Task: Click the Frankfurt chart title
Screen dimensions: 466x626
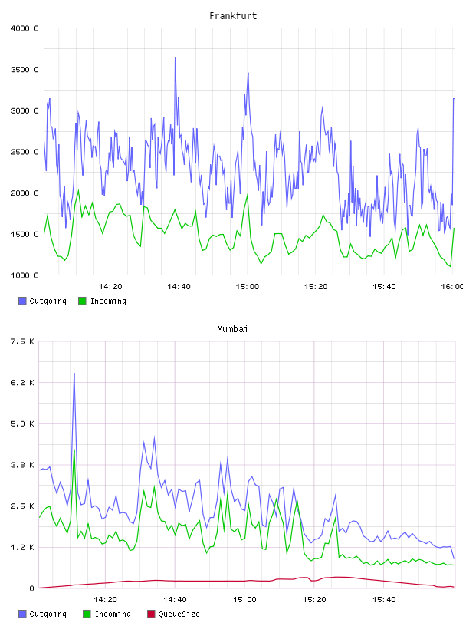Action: pos(233,16)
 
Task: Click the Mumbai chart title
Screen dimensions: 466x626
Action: pos(232,329)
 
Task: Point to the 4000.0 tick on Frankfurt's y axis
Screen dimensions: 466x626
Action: pos(25,28)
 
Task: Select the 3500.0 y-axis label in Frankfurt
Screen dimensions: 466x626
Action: pos(25,70)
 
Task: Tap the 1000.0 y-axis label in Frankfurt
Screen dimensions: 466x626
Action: pos(25,275)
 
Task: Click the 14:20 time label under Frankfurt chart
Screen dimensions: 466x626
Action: pos(110,287)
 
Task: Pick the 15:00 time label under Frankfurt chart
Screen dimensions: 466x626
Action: pos(248,287)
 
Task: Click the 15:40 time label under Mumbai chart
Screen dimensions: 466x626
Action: pos(384,600)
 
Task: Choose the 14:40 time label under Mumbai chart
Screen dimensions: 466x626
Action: pos(175,600)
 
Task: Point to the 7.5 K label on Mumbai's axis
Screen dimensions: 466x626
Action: pos(22,341)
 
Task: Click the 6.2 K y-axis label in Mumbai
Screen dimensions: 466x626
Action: pos(22,383)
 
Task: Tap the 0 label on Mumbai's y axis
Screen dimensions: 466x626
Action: pos(31,588)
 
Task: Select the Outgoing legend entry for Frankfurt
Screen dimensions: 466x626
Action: pos(43,301)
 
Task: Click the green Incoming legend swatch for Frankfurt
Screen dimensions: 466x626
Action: pos(82,301)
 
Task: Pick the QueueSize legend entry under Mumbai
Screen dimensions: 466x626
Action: pos(173,614)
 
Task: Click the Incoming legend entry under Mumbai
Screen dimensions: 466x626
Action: pos(107,614)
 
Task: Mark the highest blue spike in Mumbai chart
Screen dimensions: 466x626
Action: pos(74,374)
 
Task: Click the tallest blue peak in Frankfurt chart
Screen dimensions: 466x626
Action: pos(176,58)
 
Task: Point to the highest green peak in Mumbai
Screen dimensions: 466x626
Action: pos(74,450)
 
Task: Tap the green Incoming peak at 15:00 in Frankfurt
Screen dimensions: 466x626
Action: pos(248,195)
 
